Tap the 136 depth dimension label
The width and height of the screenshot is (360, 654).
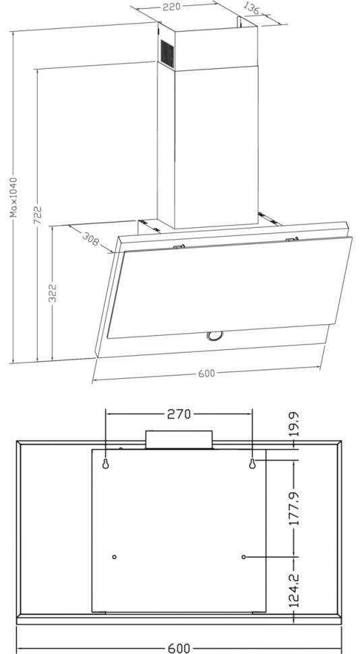pyautogui.click(x=251, y=9)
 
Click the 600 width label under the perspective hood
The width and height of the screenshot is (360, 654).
pyautogui.click(x=206, y=374)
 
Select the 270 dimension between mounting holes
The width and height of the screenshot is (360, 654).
pyautogui.click(x=179, y=414)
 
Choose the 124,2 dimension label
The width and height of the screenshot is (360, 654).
pyautogui.click(x=295, y=589)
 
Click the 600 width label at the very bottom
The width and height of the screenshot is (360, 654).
pyautogui.click(x=179, y=647)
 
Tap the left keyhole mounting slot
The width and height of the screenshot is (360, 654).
pyautogui.click(x=107, y=464)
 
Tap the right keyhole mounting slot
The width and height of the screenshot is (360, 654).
pyautogui.click(x=252, y=464)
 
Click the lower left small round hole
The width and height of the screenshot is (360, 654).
pyautogui.click(x=114, y=557)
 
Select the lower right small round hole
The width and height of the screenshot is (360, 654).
pyautogui.click(x=244, y=557)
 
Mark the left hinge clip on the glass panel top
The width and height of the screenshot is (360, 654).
pyautogui.click(x=179, y=246)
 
